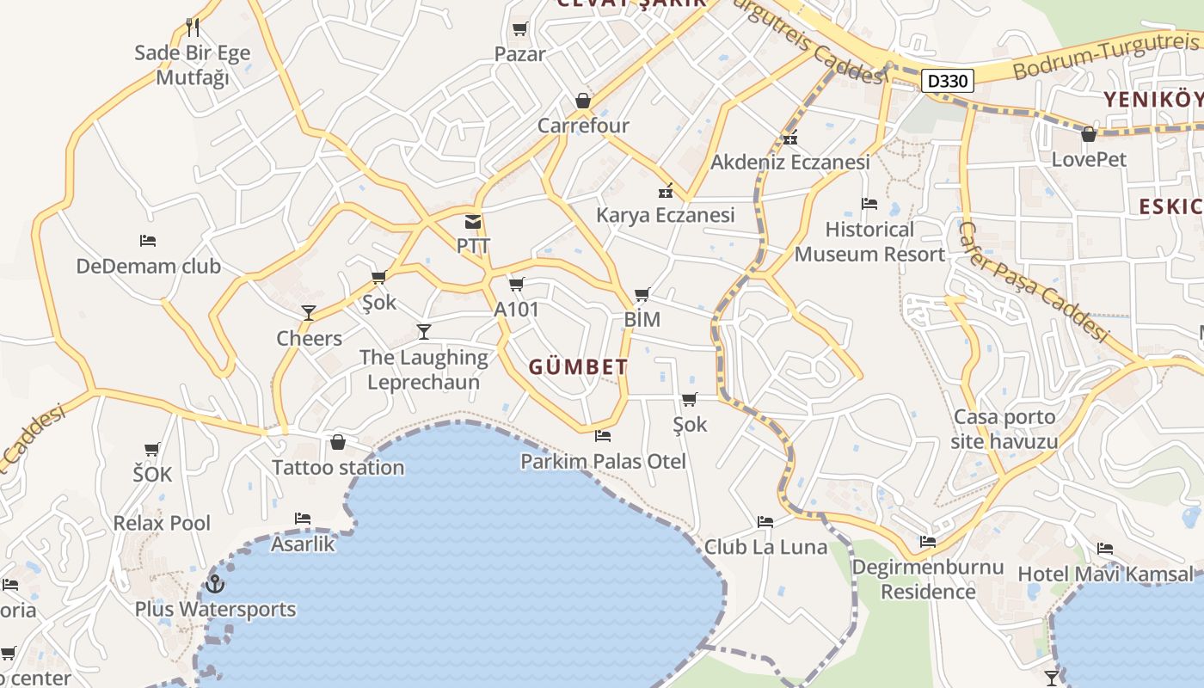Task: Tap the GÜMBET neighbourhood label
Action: (x=578, y=367)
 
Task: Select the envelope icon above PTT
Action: (x=473, y=222)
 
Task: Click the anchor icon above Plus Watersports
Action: (x=215, y=585)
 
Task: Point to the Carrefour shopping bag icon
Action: (x=583, y=101)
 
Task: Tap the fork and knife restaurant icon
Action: (x=193, y=28)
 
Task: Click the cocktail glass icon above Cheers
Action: (x=309, y=313)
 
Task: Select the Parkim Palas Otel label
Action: (x=603, y=462)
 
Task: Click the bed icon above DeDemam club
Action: (x=148, y=241)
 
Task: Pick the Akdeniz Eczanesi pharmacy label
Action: (x=789, y=162)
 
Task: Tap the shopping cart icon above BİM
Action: (x=642, y=295)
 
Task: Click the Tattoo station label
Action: (x=338, y=468)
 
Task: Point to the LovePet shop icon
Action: (x=1089, y=134)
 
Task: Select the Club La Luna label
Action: (x=765, y=547)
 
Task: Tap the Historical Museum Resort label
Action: (x=869, y=242)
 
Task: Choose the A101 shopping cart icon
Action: (x=516, y=285)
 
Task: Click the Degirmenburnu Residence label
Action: (x=928, y=580)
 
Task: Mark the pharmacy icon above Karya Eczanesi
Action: (x=665, y=191)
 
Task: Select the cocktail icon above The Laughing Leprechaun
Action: (x=423, y=332)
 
